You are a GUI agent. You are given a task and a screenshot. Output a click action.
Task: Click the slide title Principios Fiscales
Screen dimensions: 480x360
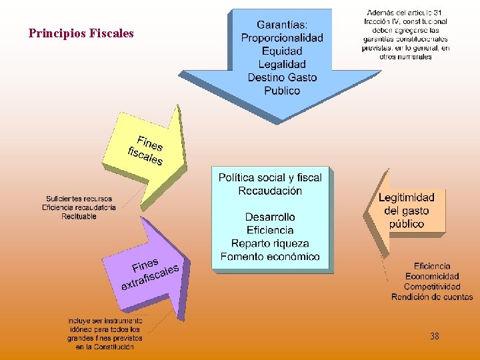81,33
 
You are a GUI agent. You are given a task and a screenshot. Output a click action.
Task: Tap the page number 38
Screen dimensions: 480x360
435,337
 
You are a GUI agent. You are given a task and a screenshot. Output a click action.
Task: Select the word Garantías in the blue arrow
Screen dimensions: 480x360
282,25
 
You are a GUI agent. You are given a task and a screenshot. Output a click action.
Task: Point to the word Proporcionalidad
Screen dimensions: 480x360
282,38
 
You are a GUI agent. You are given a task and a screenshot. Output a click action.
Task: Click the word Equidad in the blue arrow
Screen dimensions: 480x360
282,51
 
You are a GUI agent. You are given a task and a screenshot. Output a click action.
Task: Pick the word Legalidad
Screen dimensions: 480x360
282,65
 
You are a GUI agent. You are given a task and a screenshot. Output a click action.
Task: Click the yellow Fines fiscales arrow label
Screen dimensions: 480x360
146,151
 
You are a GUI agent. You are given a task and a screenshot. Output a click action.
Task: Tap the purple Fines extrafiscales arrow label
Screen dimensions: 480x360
149,273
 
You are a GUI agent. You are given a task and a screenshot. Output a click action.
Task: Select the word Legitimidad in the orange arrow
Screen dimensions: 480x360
406,197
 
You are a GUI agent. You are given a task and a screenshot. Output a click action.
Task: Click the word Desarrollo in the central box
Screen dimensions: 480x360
270,217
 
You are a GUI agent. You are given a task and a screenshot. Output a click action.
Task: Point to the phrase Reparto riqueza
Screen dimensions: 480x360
270,243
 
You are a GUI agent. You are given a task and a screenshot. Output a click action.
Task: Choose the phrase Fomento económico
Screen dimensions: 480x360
270,257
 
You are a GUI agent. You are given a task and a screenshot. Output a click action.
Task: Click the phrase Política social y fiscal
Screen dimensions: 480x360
270,177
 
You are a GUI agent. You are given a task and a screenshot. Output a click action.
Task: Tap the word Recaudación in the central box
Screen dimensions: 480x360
270,191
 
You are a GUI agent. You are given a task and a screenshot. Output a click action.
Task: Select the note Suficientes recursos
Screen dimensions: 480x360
79,199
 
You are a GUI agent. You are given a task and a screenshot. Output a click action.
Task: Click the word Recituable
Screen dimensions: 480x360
79,216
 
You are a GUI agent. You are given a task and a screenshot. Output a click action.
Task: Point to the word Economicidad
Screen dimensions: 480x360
432,276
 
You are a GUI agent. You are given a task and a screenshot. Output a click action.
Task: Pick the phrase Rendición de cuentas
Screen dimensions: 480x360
432,297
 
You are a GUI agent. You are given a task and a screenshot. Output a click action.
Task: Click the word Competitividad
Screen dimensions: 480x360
432,287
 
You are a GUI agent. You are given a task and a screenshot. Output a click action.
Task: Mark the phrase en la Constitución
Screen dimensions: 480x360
105,347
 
